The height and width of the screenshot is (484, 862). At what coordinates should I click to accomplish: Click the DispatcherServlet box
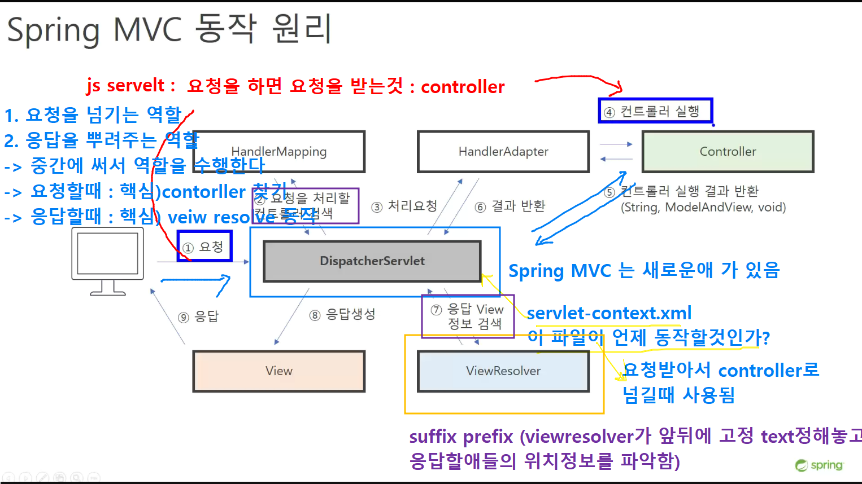pyautogui.click(x=372, y=261)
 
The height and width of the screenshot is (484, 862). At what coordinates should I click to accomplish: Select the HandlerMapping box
pyautogui.click(x=279, y=152)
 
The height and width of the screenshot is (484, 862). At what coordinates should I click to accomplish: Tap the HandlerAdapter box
pyautogui.click(x=503, y=152)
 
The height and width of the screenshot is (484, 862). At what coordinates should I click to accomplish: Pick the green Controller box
pyautogui.click(x=728, y=152)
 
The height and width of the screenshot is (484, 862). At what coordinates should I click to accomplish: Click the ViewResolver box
pyautogui.click(x=503, y=371)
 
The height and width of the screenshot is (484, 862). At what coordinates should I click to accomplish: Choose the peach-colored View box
pyautogui.click(x=279, y=371)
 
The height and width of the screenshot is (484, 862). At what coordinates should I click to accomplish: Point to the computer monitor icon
pyautogui.click(x=107, y=262)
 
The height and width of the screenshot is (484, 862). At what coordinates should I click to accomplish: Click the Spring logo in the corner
pyautogui.click(x=820, y=465)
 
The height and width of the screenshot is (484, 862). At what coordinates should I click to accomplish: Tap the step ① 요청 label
pyautogui.click(x=204, y=247)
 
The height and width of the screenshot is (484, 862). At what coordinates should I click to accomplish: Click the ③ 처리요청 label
pyautogui.click(x=404, y=206)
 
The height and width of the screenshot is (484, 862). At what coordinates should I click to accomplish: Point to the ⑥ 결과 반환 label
pyautogui.click(x=510, y=206)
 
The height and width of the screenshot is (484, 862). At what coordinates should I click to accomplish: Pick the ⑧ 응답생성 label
pyautogui.click(x=342, y=315)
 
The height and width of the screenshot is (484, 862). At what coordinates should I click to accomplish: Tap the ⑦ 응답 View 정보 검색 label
pyautogui.click(x=468, y=316)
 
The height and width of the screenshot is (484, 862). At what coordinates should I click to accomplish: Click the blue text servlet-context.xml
pyautogui.click(x=609, y=313)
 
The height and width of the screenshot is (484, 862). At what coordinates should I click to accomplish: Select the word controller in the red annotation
pyautogui.click(x=463, y=87)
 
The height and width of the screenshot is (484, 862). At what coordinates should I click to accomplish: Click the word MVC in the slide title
pyautogui.click(x=147, y=29)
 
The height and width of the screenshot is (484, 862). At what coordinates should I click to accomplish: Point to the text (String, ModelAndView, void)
pyautogui.click(x=703, y=208)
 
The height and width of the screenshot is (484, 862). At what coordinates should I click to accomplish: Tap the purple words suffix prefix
pyautogui.click(x=461, y=437)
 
